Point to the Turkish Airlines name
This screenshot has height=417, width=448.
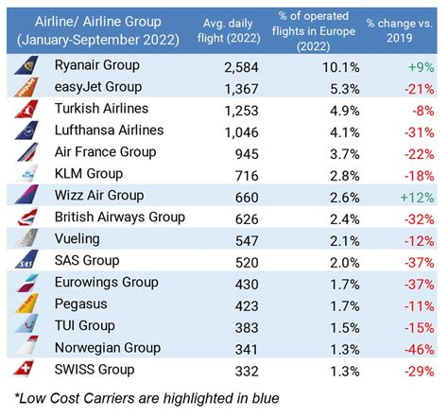109,109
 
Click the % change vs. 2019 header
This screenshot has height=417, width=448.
408,28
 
